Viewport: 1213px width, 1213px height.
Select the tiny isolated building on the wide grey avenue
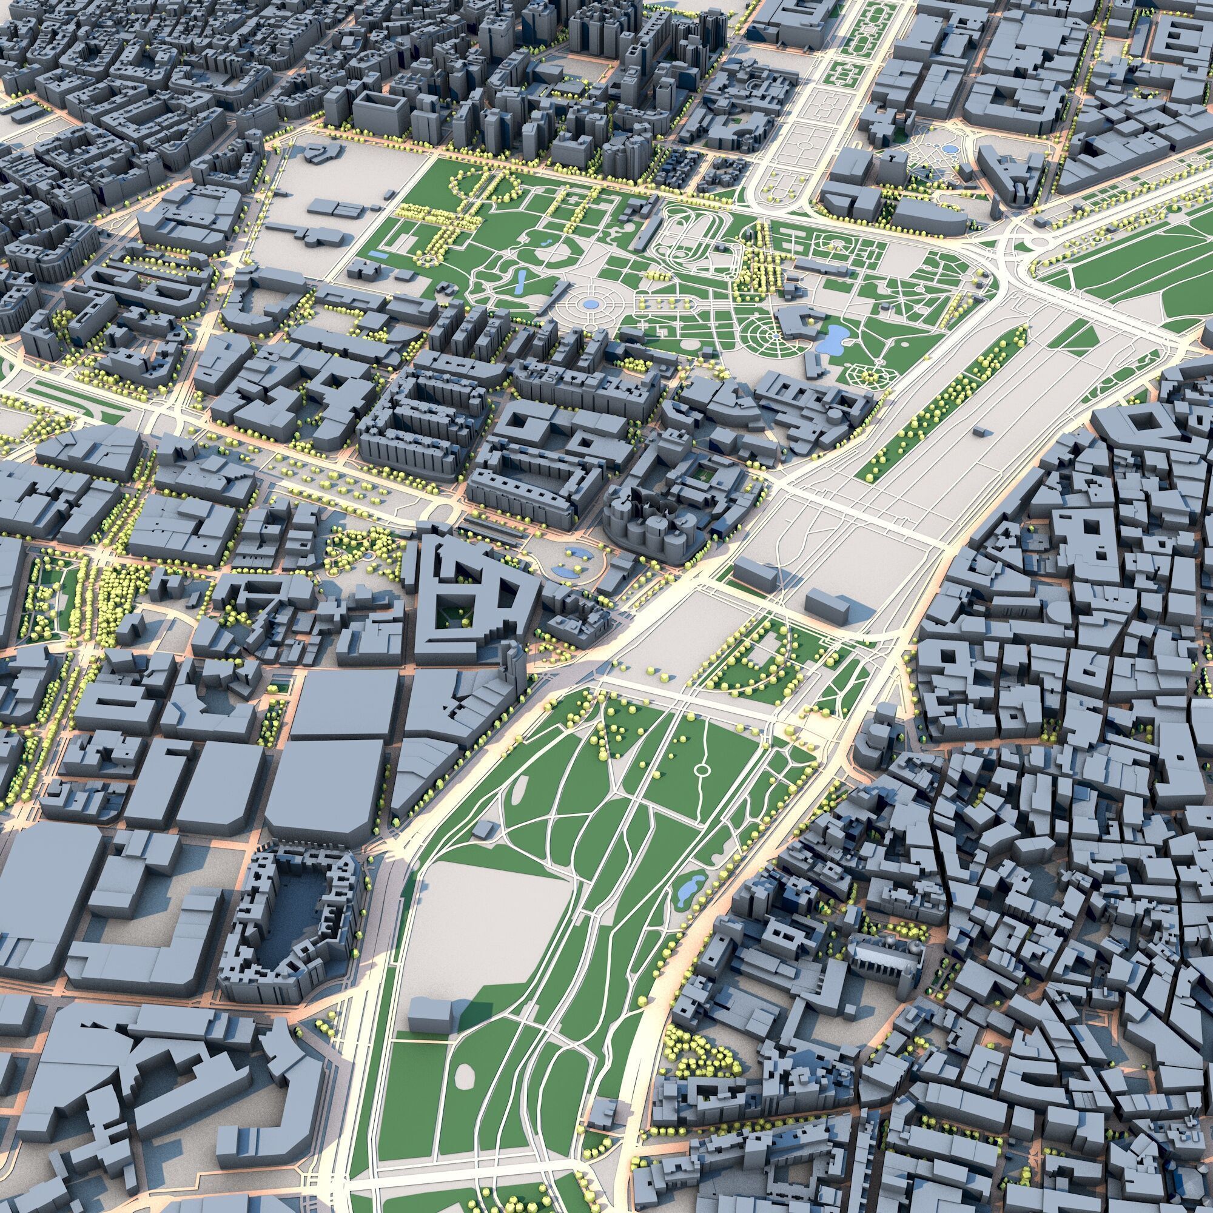point(978,431)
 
